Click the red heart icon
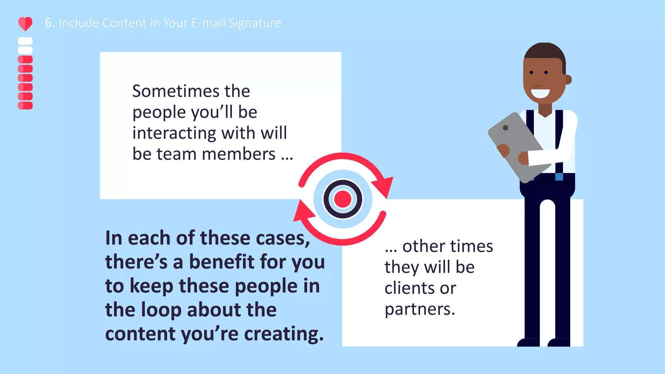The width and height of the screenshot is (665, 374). pos(25,24)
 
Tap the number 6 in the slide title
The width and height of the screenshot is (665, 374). pos(49,23)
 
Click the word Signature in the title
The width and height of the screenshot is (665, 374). pos(255,23)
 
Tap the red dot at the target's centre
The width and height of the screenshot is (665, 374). pos(343,199)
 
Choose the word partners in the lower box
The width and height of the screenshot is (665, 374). pos(420,309)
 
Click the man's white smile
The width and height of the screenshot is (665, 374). pos(540,93)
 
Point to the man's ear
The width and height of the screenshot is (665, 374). pos(568,80)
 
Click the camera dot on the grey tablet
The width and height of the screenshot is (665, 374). pos(505,128)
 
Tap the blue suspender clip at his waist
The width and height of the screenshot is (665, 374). pos(559,177)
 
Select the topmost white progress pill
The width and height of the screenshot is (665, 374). pos(25,41)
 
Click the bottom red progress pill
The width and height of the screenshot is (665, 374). pos(25,106)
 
